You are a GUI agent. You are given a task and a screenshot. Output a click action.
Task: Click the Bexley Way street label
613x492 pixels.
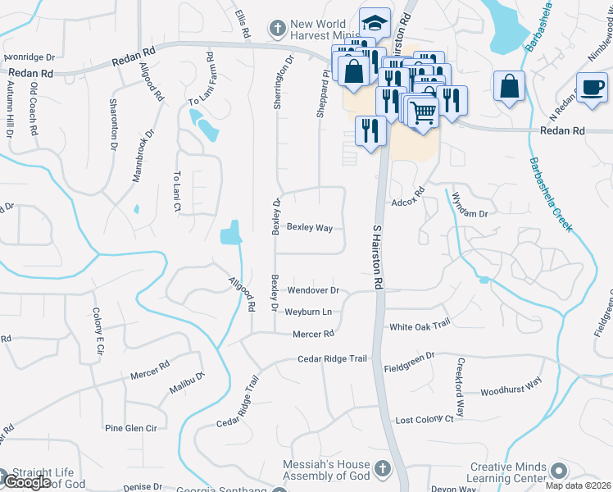(309, 227)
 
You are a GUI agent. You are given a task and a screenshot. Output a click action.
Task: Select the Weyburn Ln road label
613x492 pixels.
(308, 312)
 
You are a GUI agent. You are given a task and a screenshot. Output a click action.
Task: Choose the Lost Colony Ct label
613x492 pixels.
(425, 419)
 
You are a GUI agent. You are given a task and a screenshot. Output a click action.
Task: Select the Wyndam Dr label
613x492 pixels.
(470, 213)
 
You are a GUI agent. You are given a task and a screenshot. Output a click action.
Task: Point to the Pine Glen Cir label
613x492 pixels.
(130, 428)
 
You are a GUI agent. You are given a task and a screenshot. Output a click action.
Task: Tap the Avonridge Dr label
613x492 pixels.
(29, 58)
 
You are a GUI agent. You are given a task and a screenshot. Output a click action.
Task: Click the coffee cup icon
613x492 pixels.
(592, 85)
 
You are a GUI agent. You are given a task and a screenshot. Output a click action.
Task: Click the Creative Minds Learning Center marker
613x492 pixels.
(560, 471)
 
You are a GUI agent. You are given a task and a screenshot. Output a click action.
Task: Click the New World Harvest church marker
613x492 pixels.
(278, 29)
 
